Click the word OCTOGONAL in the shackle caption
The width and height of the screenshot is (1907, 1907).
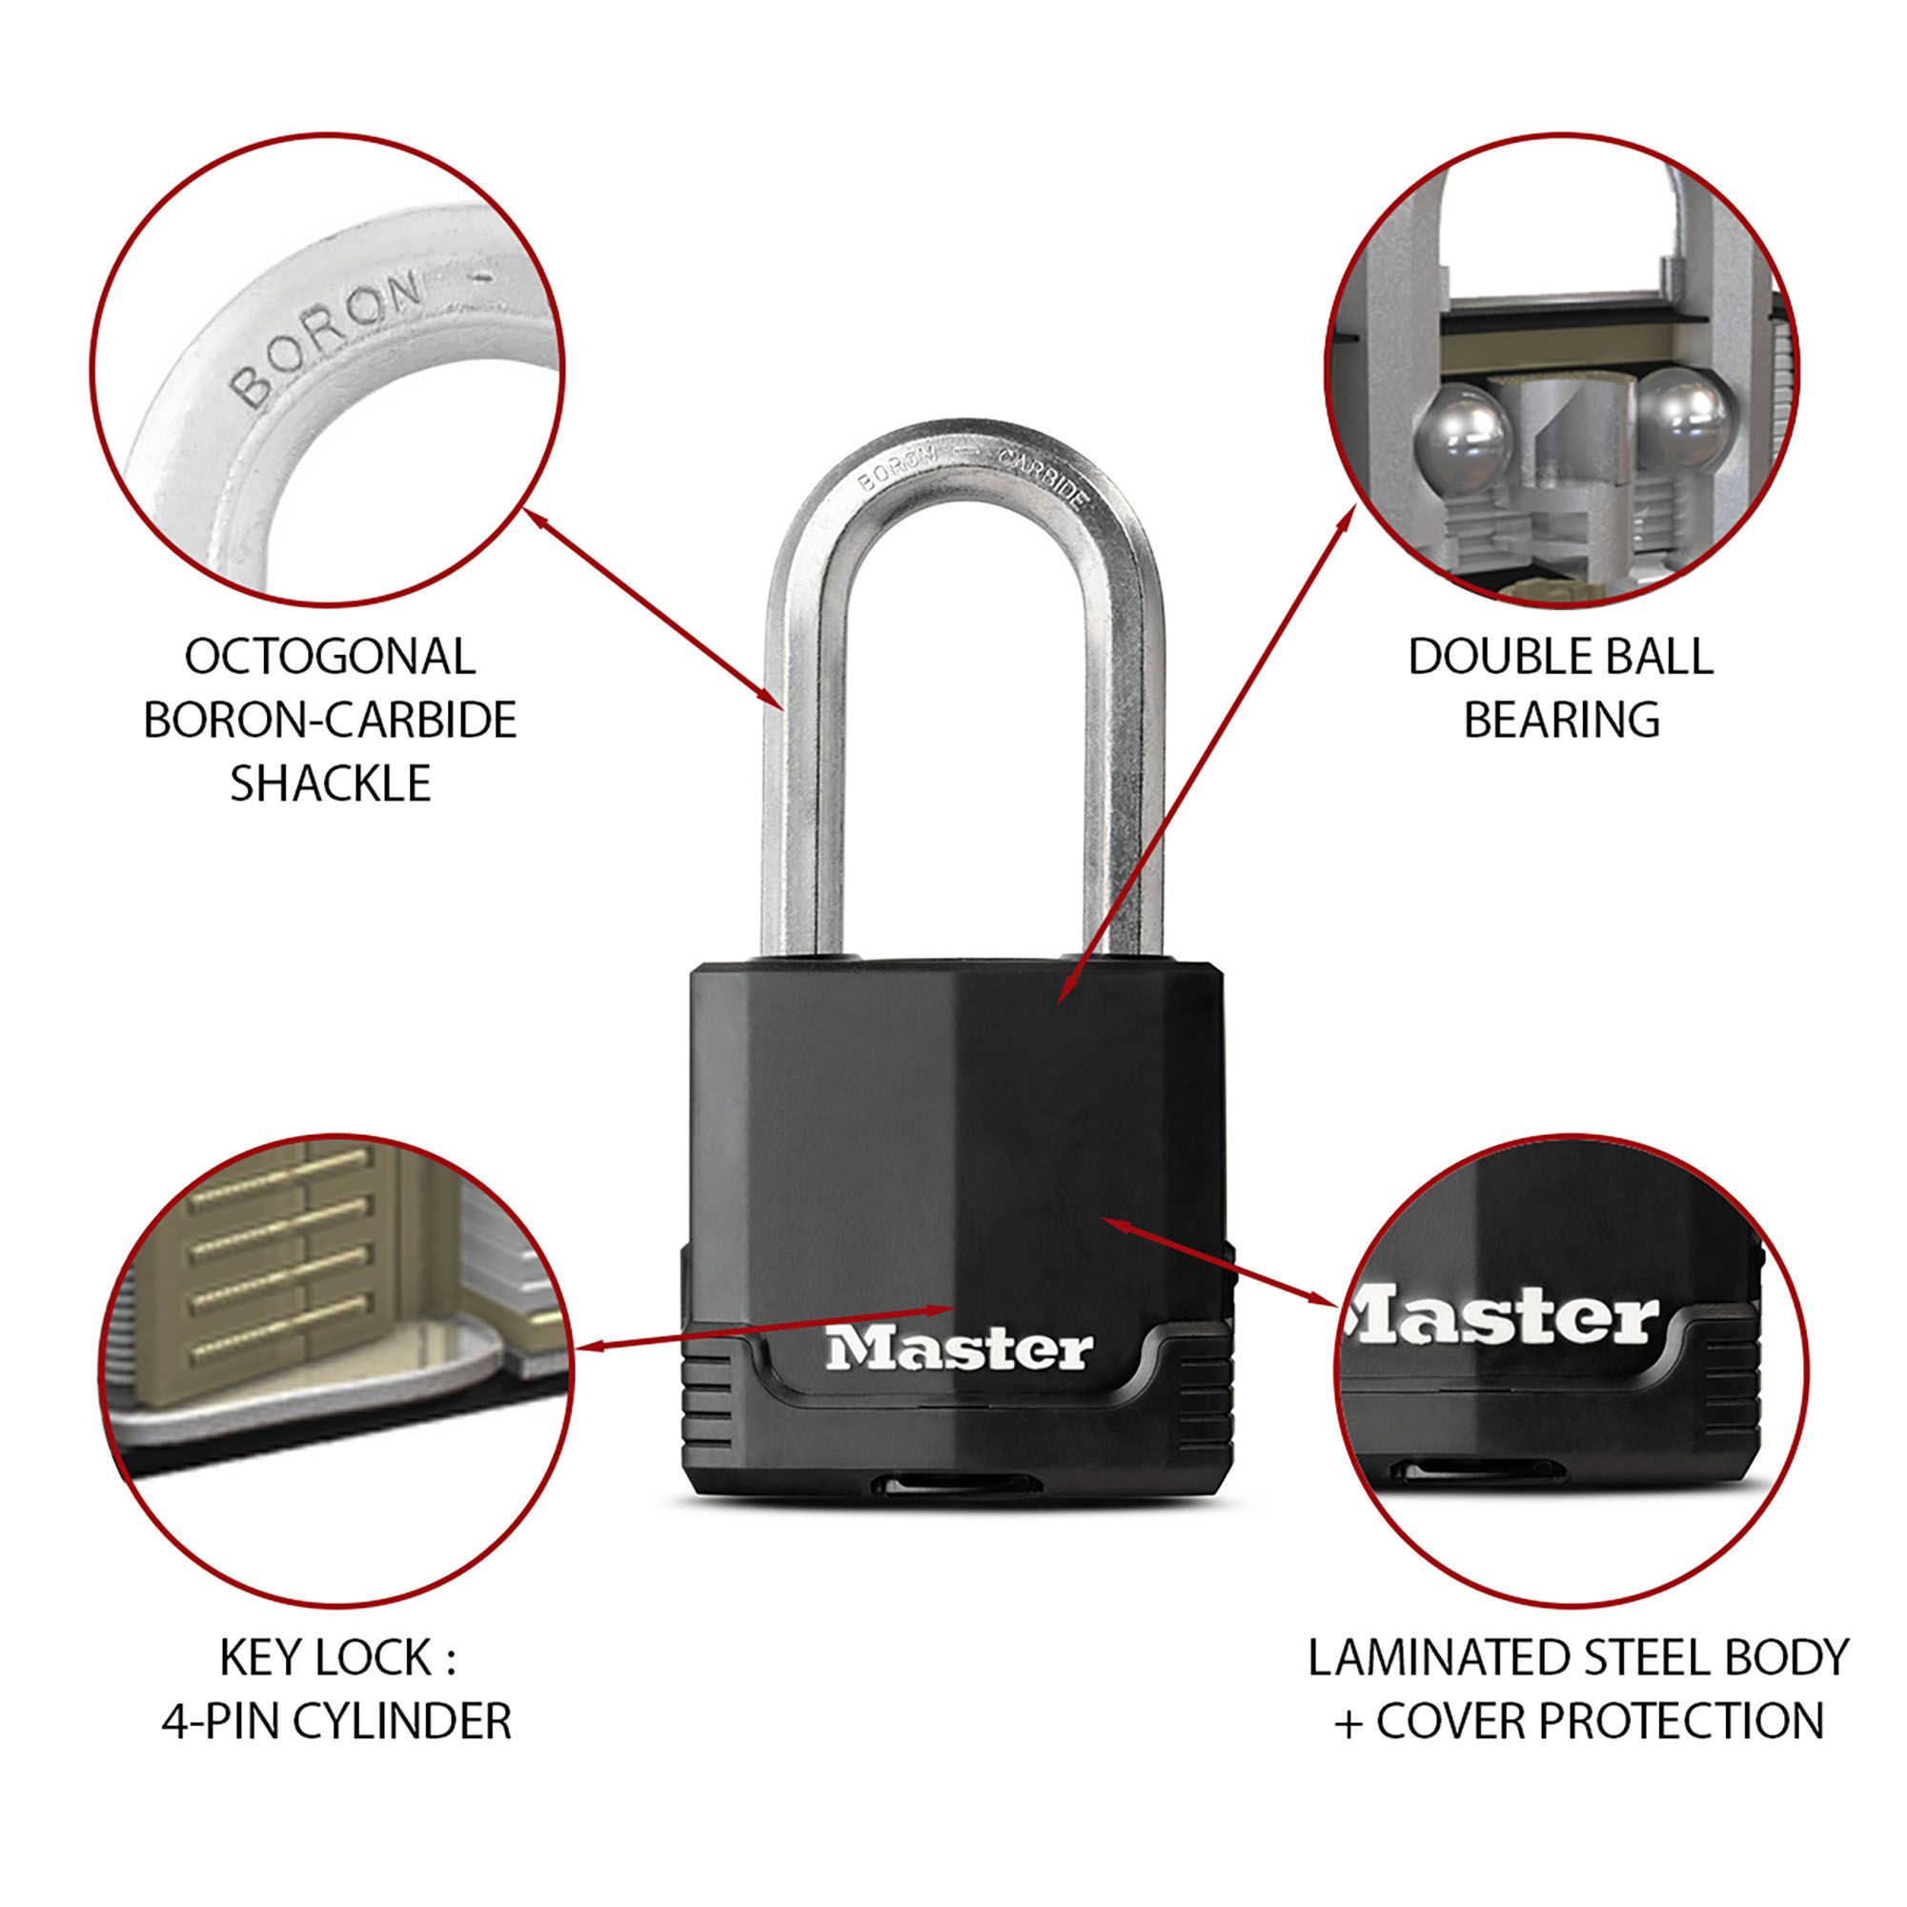pos(330,658)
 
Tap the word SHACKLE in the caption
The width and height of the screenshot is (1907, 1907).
pos(331,782)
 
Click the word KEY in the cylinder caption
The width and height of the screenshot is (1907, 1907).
pos(259,1658)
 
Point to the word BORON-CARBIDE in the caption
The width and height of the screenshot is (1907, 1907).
pos(330,720)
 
